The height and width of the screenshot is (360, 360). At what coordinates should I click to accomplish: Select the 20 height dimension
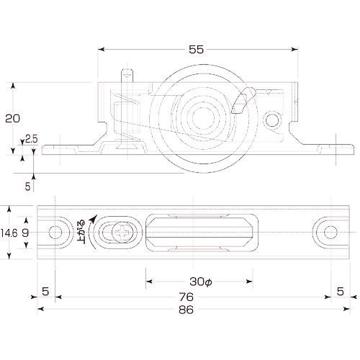[x=12, y=117]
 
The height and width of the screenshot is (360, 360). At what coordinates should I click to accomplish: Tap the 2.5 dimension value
[x=31, y=139]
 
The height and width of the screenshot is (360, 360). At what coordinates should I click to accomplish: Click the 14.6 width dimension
[x=9, y=233]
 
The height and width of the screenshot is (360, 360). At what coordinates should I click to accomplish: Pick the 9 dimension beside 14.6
[x=27, y=233]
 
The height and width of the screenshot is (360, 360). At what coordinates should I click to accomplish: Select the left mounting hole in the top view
[x=55, y=233]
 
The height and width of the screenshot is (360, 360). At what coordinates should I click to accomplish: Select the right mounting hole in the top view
[x=329, y=233]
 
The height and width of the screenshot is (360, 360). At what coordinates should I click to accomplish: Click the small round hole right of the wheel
[x=273, y=117]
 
